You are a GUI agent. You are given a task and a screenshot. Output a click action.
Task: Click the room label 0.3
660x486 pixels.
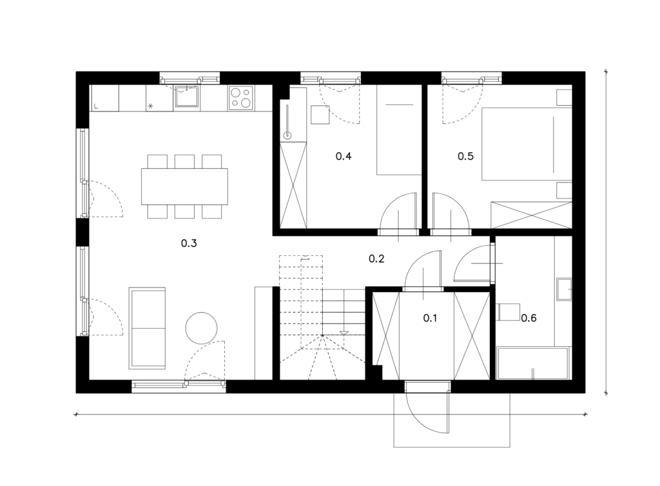click(x=189, y=243)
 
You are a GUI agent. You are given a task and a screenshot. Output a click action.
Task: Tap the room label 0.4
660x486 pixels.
click(x=344, y=156)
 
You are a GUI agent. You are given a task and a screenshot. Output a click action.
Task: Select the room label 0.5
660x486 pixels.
click(x=465, y=156)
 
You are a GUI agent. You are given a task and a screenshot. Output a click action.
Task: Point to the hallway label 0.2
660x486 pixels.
click(x=376, y=258)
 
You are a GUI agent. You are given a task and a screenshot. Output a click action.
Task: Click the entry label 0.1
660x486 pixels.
click(x=430, y=318)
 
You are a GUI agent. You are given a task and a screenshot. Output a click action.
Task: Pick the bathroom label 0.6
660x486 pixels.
click(x=529, y=318)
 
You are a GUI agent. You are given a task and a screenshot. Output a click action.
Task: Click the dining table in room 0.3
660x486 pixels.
click(x=184, y=186)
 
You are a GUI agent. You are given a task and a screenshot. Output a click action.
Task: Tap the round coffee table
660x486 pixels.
click(x=202, y=328)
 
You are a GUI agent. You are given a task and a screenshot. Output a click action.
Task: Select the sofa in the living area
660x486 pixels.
click(x=147, y=328)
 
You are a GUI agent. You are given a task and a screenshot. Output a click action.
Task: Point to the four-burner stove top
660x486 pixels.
click(x=241, y=98)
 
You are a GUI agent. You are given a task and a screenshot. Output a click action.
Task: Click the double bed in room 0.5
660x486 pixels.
click(x=527, y=144)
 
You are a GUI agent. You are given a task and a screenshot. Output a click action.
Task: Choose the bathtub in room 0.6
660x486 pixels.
click(x=533, y=363)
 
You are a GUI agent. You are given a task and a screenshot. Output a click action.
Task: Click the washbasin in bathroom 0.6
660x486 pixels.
click(x=564, y=289)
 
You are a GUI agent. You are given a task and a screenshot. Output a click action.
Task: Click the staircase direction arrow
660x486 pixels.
click(x=344, y=333)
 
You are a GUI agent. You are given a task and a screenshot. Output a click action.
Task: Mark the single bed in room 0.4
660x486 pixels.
click(x=399, y=130)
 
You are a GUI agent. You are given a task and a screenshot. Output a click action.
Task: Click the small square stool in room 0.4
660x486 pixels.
click(x=320, y=115)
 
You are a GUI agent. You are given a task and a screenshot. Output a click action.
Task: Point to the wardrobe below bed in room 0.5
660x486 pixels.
click(x=532, y=215)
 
